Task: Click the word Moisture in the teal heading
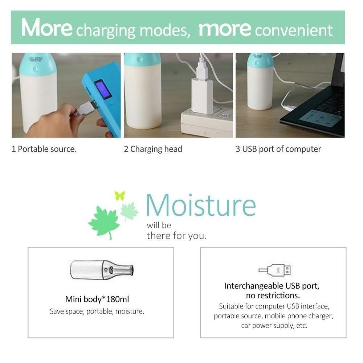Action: [x=201, y=205]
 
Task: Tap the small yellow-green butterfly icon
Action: [x=120, y=196]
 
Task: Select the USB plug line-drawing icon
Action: [x=274, y=270]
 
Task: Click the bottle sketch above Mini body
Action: [x=102, y=269]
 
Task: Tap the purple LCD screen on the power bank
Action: [x=103, y=89]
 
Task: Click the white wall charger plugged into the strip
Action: [x=202, y=96]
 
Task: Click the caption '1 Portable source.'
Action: [x=44, y=149]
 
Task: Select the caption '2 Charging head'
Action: [x=153, y=149]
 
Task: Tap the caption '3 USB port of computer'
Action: [x=278, y=149]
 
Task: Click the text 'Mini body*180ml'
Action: [x=97, y=299]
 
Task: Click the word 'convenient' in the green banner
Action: [x=294, y=30]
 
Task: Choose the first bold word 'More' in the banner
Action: [x=47, y=28]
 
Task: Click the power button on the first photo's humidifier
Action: [x=36, y=69]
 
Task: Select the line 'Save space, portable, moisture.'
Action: [x=97, y=311]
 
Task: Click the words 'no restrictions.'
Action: [x=273, y=295]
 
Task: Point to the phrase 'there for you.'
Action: [x=177, y=236]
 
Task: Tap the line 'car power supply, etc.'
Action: [x=274, y=326]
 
